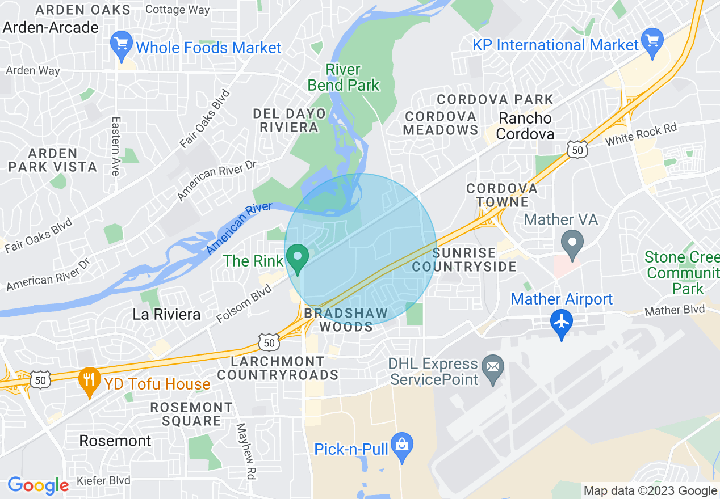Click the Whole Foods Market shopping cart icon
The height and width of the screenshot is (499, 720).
coord(121,45)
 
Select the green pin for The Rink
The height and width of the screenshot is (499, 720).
coord(296,258)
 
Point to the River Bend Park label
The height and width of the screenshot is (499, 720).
coord(344,78)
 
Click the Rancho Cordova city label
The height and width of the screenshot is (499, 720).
coord(525,126)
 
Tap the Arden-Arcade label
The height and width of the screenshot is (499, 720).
coord(51,27)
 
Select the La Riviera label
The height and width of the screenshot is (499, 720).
coord(166,314)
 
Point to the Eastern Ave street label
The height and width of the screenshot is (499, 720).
coord(116,146)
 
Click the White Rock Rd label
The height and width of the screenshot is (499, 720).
coord(641,134)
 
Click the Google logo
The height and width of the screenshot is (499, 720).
coord(38,485)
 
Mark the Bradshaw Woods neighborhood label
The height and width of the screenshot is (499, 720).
coord(346,320)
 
